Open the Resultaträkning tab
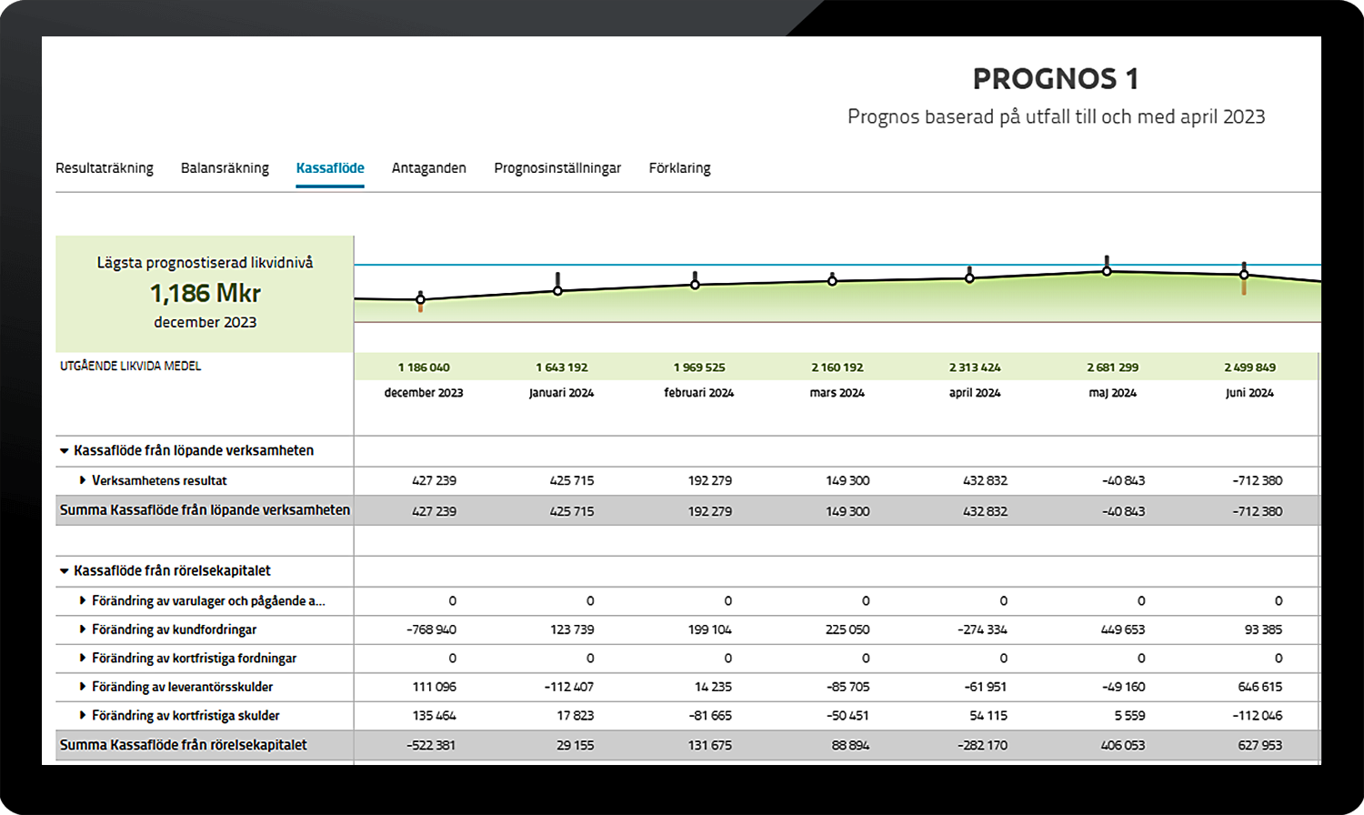click(105, 168)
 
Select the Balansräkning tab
click(225, 168)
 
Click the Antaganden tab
click(428, 168)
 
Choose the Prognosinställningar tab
click(557, 168)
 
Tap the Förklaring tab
click(679, 168)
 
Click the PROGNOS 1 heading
click(1055, 79)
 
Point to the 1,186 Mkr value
click(206, 293)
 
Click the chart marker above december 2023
click(420, 298)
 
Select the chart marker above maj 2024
click(1107, 271)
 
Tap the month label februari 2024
click(698, 393)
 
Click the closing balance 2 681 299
click(1112, 367)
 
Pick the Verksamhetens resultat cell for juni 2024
click(1258, 480)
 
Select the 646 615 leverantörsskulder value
click(1259, 687)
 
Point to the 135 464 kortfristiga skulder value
click(434, 716)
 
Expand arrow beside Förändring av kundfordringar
click(83, 629)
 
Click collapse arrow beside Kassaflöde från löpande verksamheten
click(65, 450)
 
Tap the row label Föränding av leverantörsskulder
click(182, 687)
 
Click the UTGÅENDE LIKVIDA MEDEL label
click(131, 366)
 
